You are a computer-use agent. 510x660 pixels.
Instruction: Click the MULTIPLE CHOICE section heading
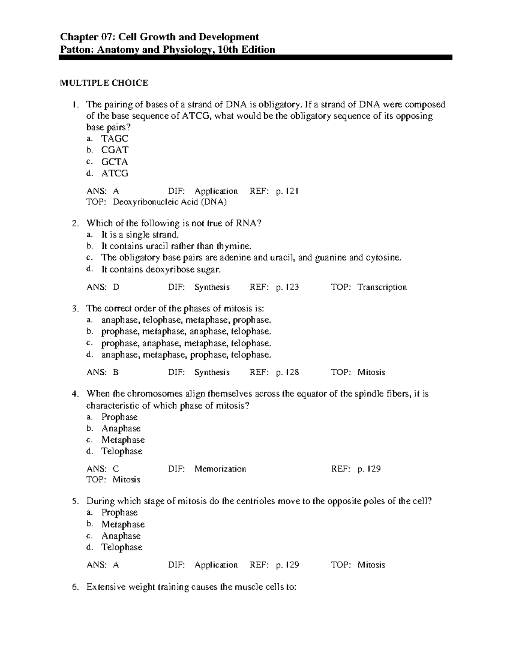point(104,83)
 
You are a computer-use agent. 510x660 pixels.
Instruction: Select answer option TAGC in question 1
point(114,139)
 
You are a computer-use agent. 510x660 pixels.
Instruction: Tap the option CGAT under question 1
point(115,150)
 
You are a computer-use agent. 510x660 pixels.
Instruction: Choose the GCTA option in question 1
point(114,162)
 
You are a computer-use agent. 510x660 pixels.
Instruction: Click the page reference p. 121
point(287,191)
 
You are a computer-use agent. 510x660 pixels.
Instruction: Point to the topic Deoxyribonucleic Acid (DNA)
point(170,202)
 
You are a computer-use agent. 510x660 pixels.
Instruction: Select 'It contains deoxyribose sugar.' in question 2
point(161,269)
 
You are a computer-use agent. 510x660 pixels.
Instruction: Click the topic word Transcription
point(382,287)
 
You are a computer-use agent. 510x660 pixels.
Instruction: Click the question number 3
point(75,309)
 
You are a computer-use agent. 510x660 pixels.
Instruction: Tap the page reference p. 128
point(287,373)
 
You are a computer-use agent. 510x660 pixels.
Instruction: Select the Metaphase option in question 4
point(123,440)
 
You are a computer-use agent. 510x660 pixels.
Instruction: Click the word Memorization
point(220,469)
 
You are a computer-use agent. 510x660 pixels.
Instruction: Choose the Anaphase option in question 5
point(121,536)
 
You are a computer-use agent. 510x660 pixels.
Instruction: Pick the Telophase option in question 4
point(122,451)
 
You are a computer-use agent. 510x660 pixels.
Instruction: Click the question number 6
point(75,588)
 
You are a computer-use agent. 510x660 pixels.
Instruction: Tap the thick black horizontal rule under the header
point(255,58)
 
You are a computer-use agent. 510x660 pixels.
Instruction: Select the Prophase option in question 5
point(119,513)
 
